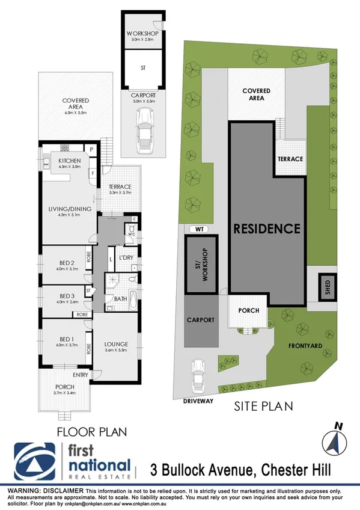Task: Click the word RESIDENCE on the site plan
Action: [266, 229]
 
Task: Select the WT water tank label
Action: [197, 229]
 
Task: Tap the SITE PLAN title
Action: [263, 406]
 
